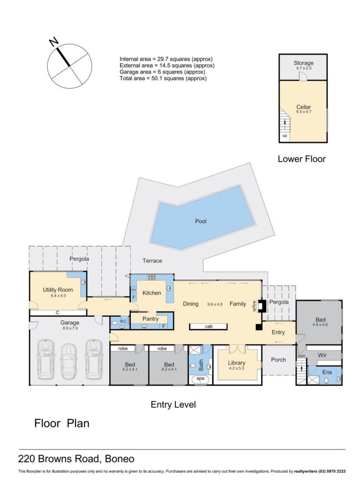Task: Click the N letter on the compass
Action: click(54, 42)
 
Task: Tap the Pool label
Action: click(201, 221)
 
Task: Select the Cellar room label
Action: click(304, 107)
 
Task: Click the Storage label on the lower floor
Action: click(304, 63)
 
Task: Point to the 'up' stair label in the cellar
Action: click(285, 135)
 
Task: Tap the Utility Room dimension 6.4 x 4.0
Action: click(58, 296)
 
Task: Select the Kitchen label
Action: click(151, 293)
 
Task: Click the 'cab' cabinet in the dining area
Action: click(209, 327)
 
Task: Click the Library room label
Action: click(237, 363)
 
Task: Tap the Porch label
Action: click(278, 360)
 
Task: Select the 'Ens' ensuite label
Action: click(327, 372)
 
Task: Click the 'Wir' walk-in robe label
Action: click(322, 355)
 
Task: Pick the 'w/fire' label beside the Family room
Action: click(254, 306)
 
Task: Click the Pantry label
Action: click(150, 319)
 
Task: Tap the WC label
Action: click(123, 321)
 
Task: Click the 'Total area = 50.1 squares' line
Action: click(163, 78)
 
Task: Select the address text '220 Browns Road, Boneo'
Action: click(76, 458)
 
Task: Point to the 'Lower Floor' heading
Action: click(301, 159)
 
